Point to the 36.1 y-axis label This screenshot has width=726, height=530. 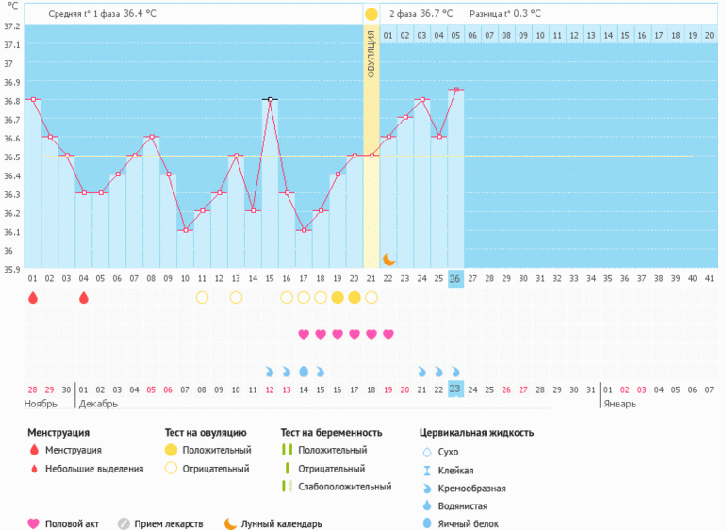(10, 232)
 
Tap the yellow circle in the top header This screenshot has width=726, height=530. (371, 14)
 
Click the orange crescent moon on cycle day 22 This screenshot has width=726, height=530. (388, 258)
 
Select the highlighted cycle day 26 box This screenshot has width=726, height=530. (455, 278)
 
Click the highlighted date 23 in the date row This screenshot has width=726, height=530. (455, 389)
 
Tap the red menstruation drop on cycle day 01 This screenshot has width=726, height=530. (33, 298)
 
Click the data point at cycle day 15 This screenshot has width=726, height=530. (270, 99)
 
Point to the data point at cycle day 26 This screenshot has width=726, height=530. (455, 90)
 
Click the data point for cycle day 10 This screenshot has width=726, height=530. (185, 230)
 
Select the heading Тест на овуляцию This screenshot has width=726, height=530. (206, 433)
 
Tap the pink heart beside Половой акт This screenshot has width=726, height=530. (34, 523)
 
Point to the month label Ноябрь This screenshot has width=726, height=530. (41, 404)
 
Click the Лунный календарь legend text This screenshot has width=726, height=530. (281, 523)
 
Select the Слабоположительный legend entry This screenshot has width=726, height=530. (344, 487)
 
